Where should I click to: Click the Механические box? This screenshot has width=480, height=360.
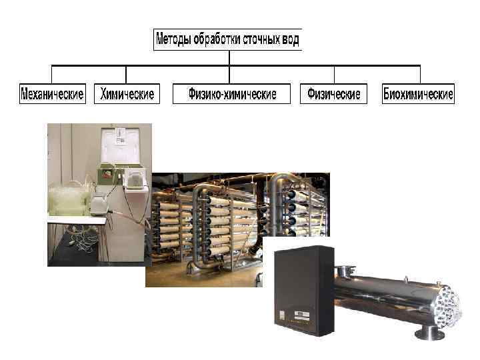[x=53, y=94]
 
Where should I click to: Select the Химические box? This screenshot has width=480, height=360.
[x=127, y=94]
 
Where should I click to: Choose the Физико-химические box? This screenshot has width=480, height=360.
[x=232, y=94]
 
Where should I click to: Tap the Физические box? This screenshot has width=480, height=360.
[x=333, y=94]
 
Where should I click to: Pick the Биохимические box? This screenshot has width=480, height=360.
[x=418, y=94]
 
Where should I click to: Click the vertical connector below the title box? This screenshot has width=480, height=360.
[x=229, y=57]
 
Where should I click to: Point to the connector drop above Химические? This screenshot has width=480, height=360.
[x=127, y=73]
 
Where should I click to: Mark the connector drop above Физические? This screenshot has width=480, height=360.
[x=333, y=73]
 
